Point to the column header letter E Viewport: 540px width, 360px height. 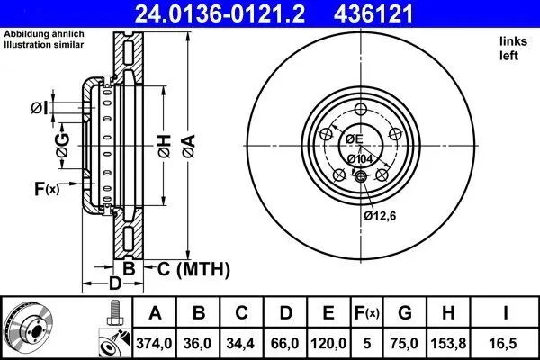328,312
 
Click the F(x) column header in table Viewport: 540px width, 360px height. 367,312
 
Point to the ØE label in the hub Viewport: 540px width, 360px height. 354,139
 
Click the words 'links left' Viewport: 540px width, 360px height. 511,48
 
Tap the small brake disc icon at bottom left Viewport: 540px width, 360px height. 27,328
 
